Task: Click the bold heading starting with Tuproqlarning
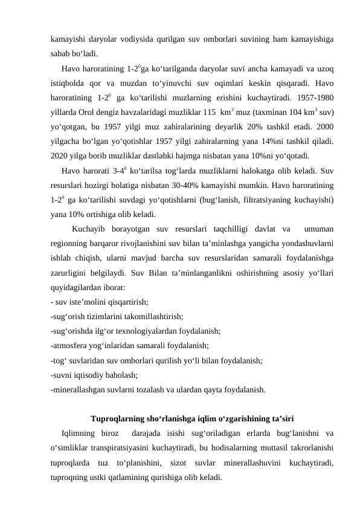(x=192, y=417)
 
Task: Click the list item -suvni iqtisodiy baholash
(x=95, y=374)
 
